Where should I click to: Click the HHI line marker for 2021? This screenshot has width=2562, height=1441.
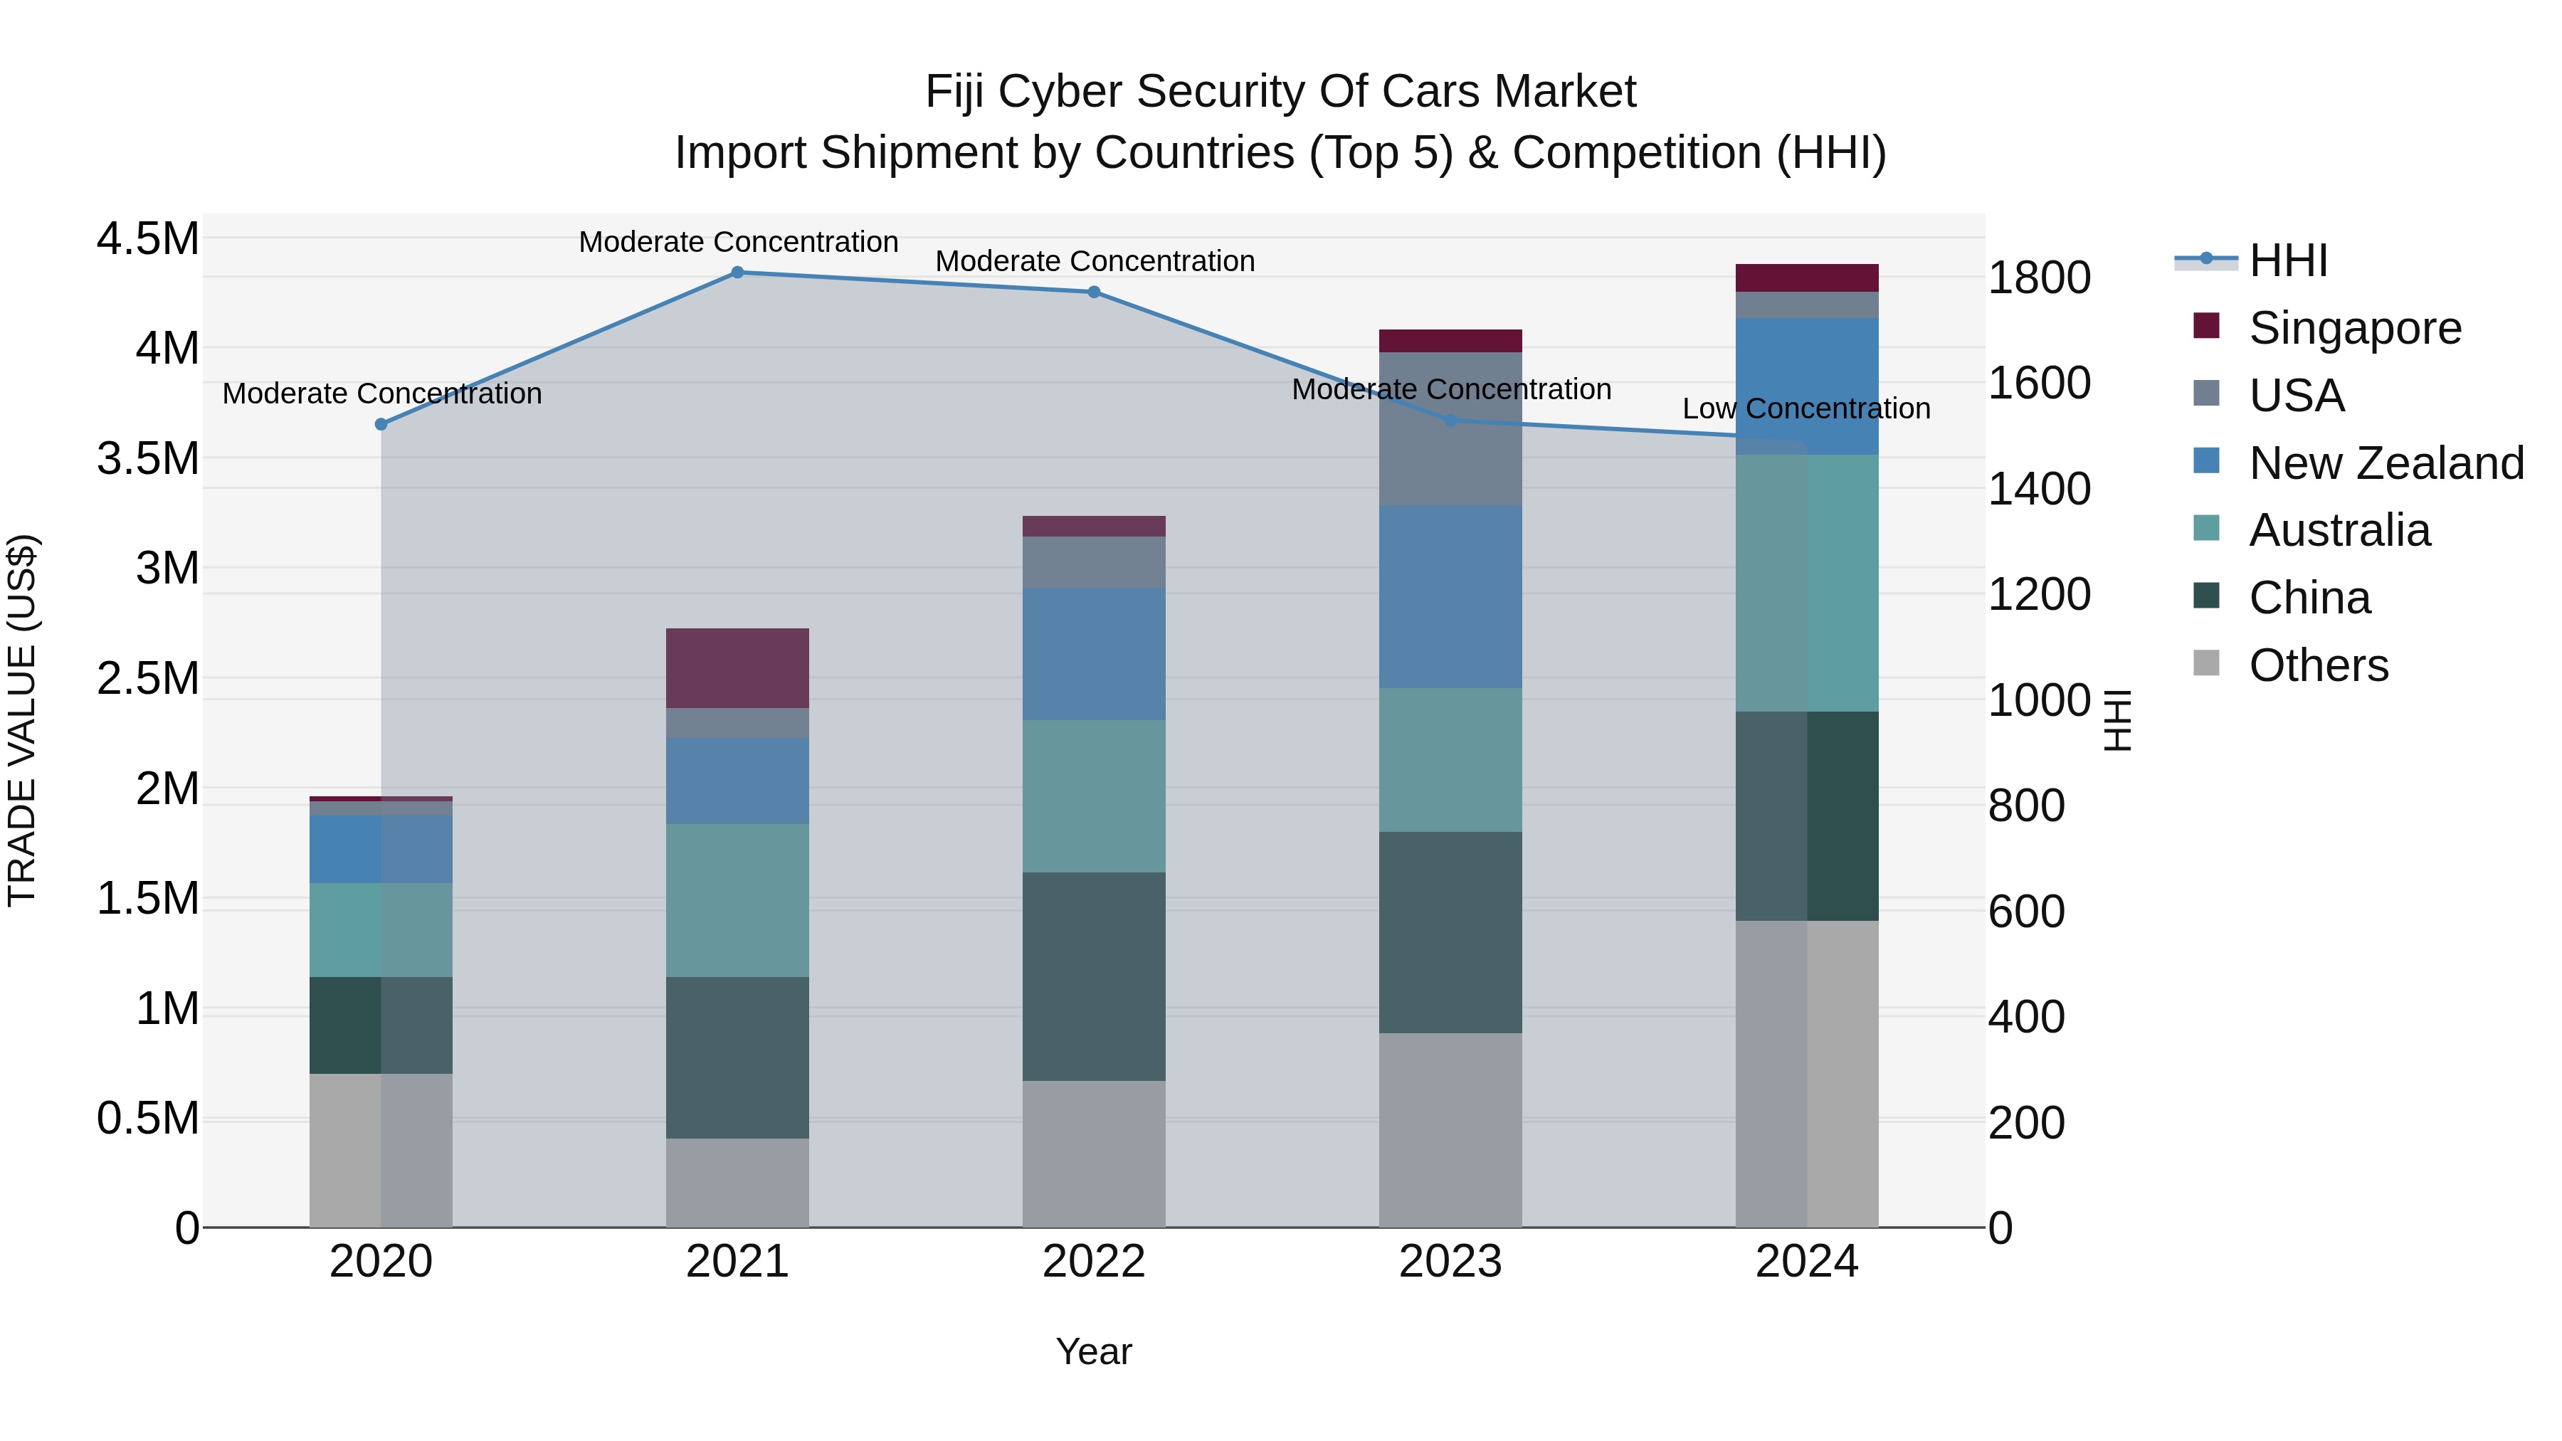tap(737, 272)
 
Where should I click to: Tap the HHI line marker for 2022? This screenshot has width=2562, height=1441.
tap(1093, 291)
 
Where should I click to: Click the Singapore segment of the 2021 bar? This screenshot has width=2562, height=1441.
tap(737, 667)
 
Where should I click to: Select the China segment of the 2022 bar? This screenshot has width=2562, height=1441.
tap(1093, 976)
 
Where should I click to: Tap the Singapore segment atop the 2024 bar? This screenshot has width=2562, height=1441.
tap(1806, 278)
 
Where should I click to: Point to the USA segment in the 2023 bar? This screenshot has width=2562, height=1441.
tap(1450, 428)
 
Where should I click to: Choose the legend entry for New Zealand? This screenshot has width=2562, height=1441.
tap(2385, 463)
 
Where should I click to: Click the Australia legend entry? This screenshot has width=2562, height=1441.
tap(2339, 530)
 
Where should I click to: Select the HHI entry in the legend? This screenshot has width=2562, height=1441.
tap(2287, 260)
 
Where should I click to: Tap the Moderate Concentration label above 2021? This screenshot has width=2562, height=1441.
tap(738, 242)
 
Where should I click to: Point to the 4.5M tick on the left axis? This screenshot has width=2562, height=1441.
tap(147, 240)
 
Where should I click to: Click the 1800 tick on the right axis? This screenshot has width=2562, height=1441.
tap(2038, 278)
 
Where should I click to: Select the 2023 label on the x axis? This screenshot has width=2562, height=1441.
tap(1450, 1261)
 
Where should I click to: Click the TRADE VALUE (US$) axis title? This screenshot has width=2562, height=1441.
tap(22, 720)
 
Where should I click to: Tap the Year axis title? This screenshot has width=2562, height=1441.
tap(1093, 1351)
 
